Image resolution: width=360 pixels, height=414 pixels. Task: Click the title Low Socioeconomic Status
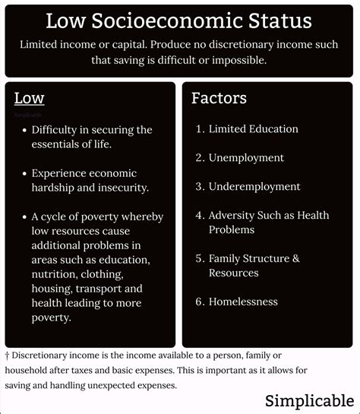[179, 21]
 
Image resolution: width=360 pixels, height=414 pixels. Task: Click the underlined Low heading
[29, 98]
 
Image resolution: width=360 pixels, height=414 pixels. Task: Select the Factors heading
[219, 98]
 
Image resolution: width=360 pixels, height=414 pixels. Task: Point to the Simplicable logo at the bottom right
[309, 400]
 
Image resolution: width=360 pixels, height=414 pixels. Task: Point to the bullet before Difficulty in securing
[25, 130]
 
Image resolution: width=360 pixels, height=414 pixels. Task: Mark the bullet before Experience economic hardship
[25, 173]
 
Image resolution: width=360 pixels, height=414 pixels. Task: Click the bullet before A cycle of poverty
[25, 216]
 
